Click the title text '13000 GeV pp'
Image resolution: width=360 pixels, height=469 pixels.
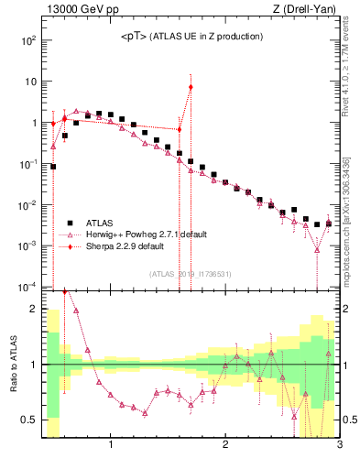76,11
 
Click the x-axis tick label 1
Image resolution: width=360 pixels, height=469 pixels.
111,446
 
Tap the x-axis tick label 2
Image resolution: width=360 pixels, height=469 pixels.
225,446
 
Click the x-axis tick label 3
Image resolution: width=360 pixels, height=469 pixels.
339,446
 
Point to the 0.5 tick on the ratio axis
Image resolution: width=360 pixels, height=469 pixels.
30,420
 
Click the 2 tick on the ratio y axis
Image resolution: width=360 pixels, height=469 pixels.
34,309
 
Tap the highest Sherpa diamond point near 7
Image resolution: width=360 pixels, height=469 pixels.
191,88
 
